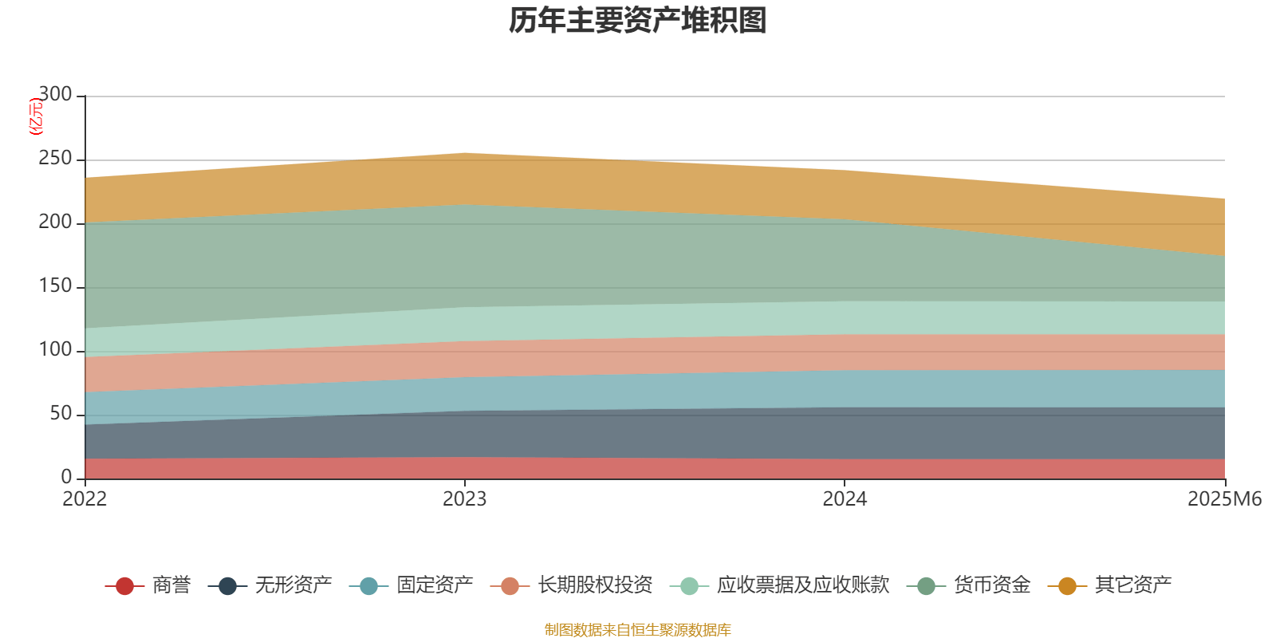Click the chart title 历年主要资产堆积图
coord(638,21)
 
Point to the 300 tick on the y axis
coord(55,95)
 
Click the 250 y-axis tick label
coord(55,159)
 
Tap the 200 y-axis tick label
coord(55,223)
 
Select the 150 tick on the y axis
coord(55,286)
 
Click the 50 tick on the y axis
coord(61,414)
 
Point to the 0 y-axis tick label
coord(66,477)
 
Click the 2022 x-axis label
coord(85,499)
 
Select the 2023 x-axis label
coord(464,499)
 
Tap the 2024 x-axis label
coord(845,499)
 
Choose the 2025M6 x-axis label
coord(1224,499)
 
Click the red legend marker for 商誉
coord(124,586)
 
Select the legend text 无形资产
coord(293,585)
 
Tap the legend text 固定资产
coord(435,585)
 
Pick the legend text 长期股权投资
coord(595,585)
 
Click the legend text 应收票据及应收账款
coord(802,585)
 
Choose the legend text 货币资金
coord(991,585)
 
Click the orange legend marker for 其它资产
coord(1067,586)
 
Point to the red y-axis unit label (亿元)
coord(36,116)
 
